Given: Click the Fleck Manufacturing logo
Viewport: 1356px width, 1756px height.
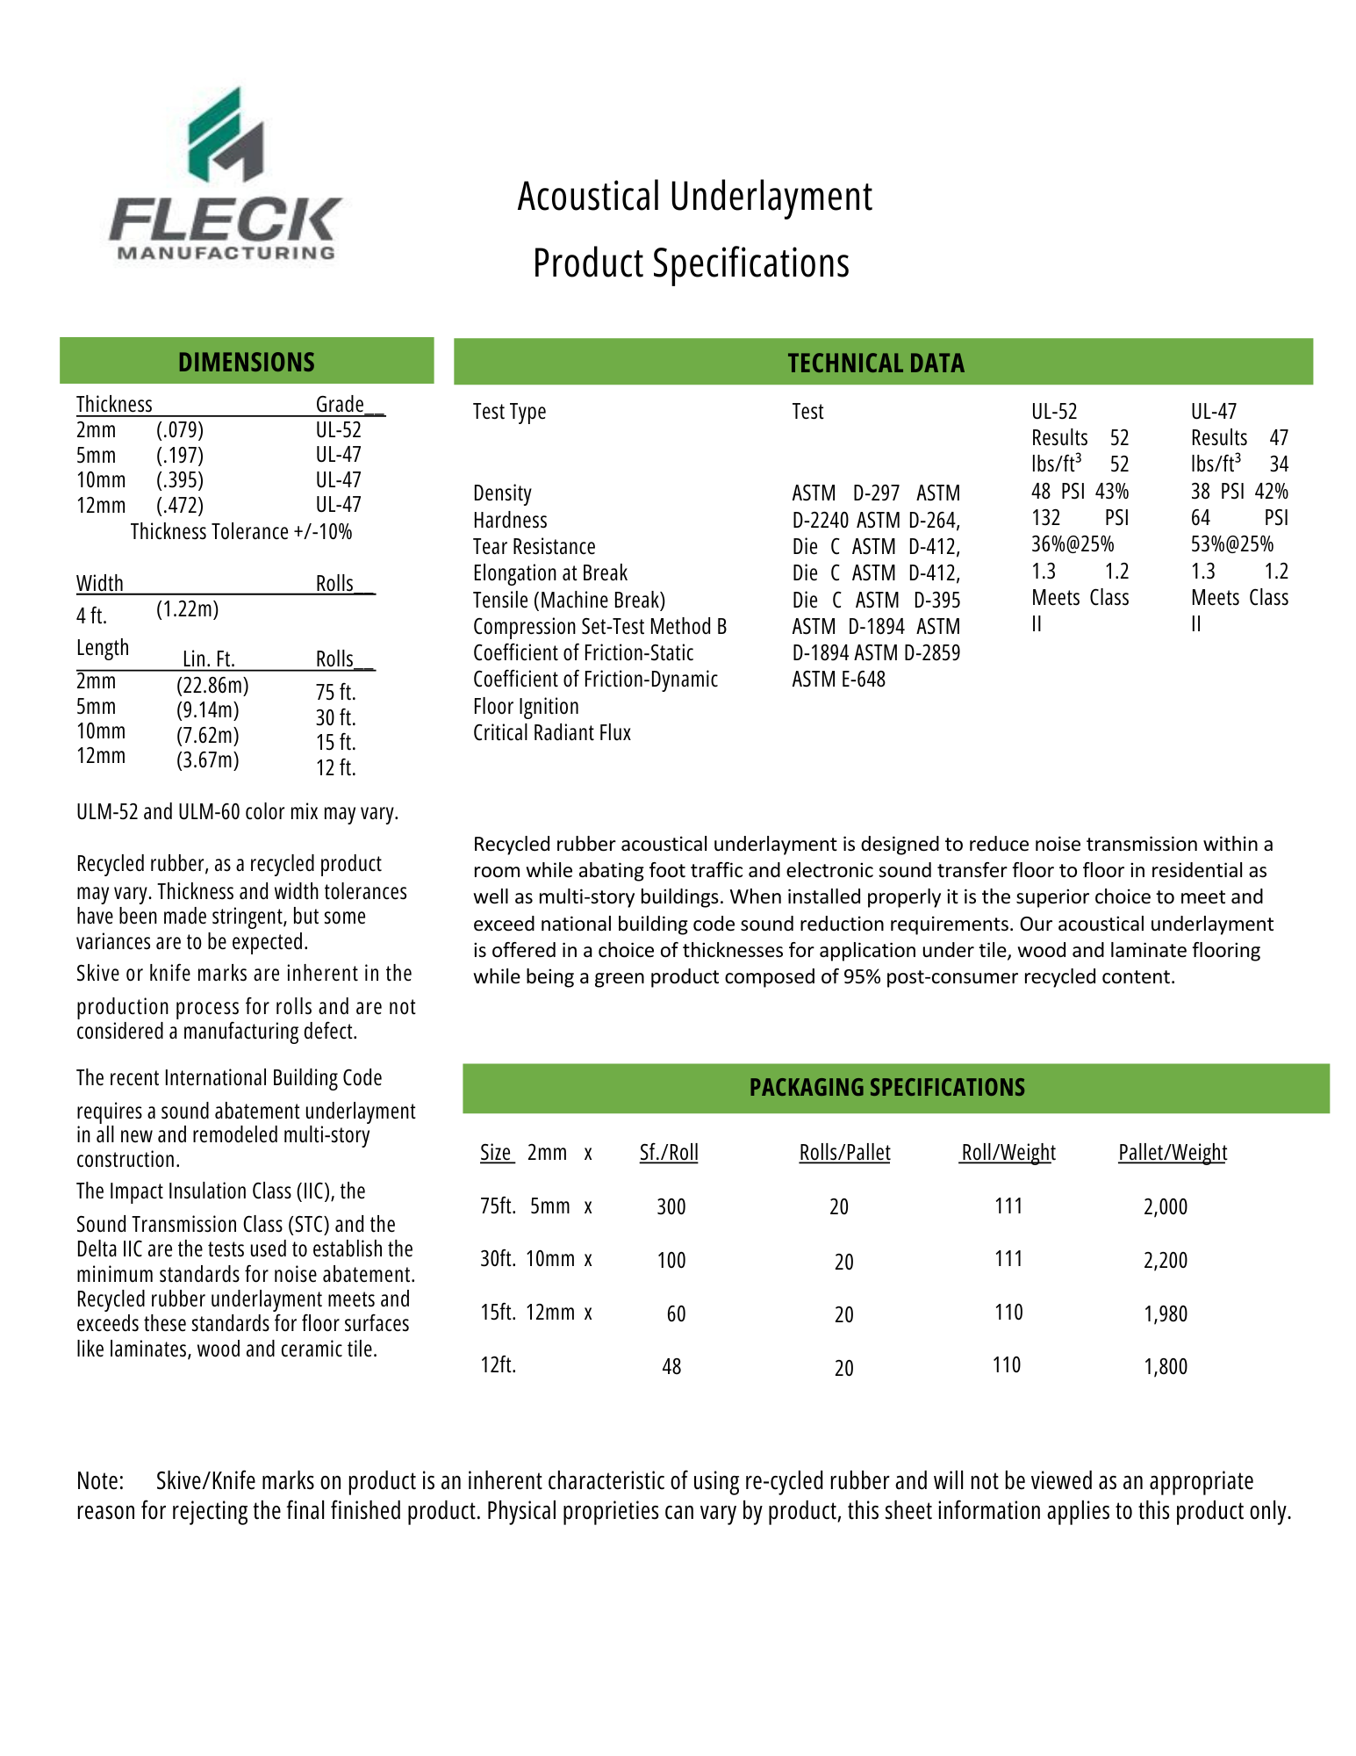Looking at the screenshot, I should (x=225, y=176).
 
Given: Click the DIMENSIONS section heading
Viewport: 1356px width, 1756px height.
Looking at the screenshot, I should (x=246, y=362).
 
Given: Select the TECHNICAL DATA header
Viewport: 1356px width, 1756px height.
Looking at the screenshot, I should (x=875, y=363).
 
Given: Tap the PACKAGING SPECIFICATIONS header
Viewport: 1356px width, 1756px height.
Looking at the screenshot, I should (x=886, y=1087).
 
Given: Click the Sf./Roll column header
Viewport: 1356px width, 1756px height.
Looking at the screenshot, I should (x=669, y=1152).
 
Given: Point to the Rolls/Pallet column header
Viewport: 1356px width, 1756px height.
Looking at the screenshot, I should (x=844, y=1152).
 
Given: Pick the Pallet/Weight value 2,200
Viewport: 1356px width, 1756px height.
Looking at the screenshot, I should (x=1165, y=1260).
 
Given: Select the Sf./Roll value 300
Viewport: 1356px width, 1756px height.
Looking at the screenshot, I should (x=671, y=1206).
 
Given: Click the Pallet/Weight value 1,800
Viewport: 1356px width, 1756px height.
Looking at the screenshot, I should (x=1165, y=1366).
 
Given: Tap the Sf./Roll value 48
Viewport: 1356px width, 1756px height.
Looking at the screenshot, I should (x=671, y=1366).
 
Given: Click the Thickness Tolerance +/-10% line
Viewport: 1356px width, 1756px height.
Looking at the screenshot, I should (x=241, y=531).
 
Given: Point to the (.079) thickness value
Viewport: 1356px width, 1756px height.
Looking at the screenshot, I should (x=180, y=429).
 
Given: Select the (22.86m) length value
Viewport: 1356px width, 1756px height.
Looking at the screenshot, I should (x=212, y=685).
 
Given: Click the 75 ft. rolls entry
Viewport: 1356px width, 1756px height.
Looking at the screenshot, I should (x=335, y=692).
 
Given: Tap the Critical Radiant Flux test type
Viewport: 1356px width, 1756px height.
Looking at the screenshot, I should (x=552, y=732).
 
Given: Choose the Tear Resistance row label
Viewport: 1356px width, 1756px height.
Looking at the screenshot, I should (x=534, y=546).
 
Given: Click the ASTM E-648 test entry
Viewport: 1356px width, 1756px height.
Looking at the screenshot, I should (x=838, y=679).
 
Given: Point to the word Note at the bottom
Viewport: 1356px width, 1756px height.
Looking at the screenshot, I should (x=100, y=1480).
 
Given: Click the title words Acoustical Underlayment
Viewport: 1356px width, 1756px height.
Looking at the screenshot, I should (x=694, y=196).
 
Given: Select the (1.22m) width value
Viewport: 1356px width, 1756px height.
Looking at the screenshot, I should (x=187, y=608).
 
